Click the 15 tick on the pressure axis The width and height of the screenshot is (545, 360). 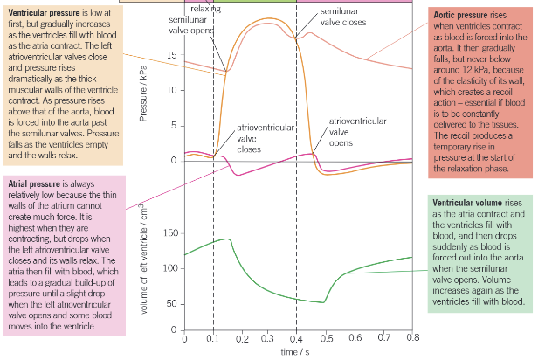point(172,55)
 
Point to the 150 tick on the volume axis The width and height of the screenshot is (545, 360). point(169,233)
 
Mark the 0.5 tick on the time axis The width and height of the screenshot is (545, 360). point(326,337)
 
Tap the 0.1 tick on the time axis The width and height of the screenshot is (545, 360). point(213,337)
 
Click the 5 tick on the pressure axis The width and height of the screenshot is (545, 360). point(175,125)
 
